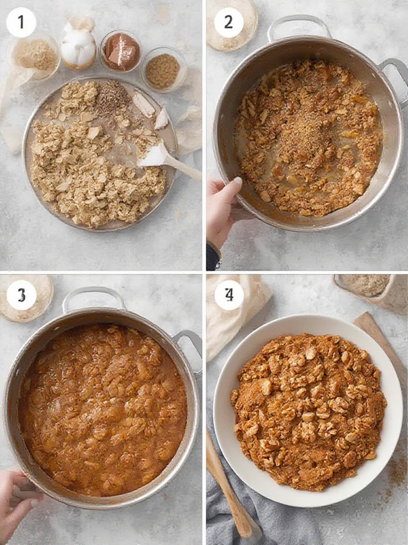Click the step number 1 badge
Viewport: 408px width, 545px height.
[x=21, y=22]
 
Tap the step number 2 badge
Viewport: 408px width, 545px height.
[x=228, y=22]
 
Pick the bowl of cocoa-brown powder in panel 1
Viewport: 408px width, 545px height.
[x=120, y=51]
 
